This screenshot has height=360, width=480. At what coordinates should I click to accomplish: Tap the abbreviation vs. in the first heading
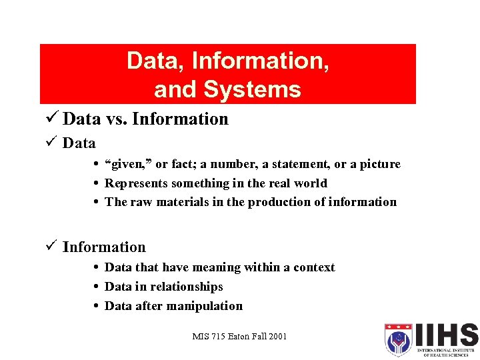(116, 119)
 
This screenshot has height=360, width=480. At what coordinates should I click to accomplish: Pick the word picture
(379, 164)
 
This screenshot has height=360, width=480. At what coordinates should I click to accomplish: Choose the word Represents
(136, 183)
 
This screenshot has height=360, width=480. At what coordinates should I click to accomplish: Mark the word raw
(141, 202)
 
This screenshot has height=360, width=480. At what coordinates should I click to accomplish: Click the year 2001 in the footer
(276, 336)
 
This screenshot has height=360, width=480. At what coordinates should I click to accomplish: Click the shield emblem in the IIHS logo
(399, 339)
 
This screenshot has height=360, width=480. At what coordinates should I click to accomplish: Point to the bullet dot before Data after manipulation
(97, 307)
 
